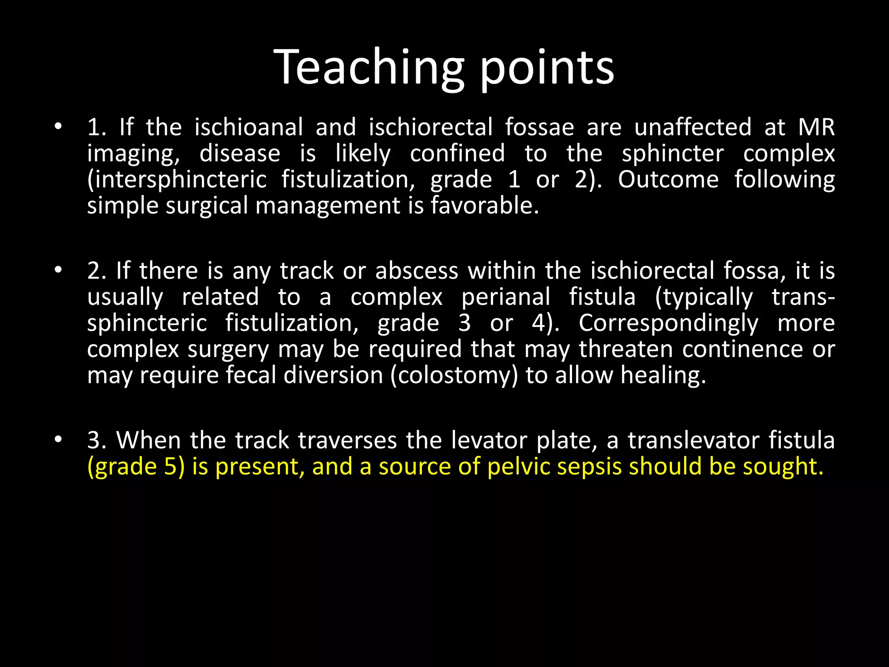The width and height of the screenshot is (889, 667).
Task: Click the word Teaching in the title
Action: tap(369, 67)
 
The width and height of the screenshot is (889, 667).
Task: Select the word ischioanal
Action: tap(248, 127)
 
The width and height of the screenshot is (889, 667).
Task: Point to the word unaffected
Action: tap(693, 127)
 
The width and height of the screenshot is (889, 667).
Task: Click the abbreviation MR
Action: tap(817, 127)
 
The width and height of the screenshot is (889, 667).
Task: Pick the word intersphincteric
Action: tap(177, 180)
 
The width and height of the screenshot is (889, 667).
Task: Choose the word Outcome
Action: tap(668, 180)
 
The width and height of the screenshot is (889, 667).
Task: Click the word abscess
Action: tap(417, 271)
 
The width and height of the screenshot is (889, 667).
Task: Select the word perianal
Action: tap(506, 297)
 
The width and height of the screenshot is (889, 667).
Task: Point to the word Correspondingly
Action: tap(668, 324)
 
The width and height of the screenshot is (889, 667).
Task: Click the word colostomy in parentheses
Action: tap(454, 376)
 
